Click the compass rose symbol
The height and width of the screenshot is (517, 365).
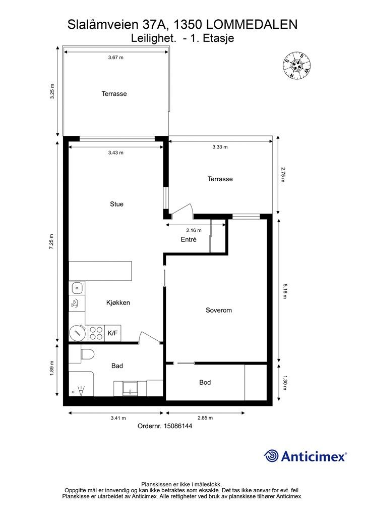pos(296,66)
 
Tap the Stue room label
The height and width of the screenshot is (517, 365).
pos(116,204)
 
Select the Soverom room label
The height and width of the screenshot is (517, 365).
pos(218,311)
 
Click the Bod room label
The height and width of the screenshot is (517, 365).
pos(205,383)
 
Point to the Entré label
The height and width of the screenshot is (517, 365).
pos(189,240)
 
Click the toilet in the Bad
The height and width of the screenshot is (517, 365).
pos(87,354)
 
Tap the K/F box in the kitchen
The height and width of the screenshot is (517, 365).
pos(112,333)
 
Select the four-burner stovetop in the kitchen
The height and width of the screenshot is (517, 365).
pos(96,333)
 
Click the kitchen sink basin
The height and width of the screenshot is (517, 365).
pos(77,288)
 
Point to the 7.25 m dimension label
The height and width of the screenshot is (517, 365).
pos(51,241)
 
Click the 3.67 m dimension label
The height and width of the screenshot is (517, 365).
pos(116,58)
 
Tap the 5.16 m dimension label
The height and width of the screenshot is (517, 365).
pos(285,290)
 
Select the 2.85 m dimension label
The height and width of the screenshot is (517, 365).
pos(205,418)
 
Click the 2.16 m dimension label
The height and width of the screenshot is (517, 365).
pos(194,230)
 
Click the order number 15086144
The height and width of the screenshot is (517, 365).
pos(178,426)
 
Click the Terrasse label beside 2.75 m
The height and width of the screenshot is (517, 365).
pos(220,179)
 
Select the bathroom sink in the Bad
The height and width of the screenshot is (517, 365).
pos(131,388)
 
